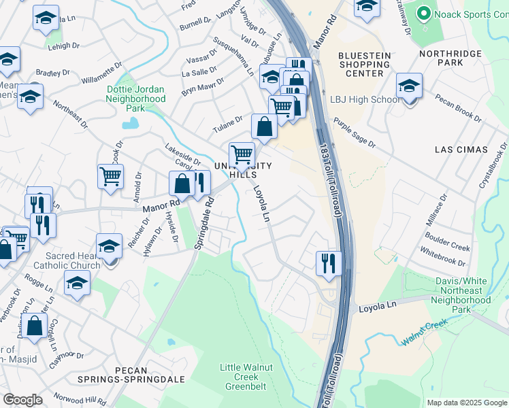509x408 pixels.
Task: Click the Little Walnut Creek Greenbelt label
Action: [x=246, y=377]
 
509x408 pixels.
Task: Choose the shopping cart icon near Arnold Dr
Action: [x=110, y=177]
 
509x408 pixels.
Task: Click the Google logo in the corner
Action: [x=23, y=400]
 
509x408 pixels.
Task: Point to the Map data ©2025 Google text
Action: [x=466, y=403]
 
